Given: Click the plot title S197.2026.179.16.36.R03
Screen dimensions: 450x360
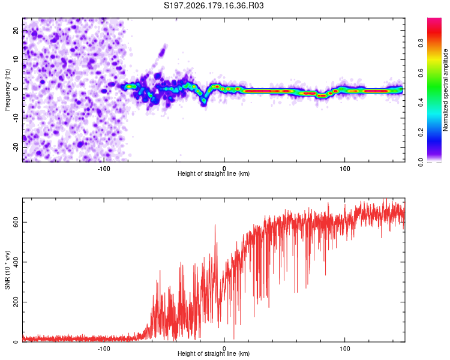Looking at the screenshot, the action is (x=214, y=5).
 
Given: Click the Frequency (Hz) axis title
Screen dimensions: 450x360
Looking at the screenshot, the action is (x=7, y=90).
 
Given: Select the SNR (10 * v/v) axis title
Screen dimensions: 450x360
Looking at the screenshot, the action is (x=7, y=270).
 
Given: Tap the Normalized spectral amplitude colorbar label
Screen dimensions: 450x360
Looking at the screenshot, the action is (x=445, y=90).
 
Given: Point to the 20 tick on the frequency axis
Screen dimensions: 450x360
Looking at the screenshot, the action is (x=16, y=30).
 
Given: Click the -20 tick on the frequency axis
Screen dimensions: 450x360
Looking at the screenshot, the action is (x=16, y=148).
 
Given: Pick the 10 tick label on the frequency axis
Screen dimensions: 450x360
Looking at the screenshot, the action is (x=16, y=59).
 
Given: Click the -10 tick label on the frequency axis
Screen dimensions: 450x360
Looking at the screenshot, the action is (x=16, y=118).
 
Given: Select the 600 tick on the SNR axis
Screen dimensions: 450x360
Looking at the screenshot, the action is (x=16, y=222).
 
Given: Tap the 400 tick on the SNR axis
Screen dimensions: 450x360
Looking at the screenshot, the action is (x=16, y=262).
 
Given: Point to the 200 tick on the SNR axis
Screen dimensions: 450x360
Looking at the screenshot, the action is (x=16, y=302).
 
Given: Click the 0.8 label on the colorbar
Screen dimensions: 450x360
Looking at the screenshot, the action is (x=421, y=43).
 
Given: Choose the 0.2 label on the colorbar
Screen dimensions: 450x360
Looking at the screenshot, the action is (x=421, y=133).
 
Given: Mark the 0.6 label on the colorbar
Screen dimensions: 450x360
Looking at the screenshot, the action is (x=421, y=73).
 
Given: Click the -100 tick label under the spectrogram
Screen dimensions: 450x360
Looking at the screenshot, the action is (x=104, y=169).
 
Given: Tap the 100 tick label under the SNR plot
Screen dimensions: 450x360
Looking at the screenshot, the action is (x=344, y=349).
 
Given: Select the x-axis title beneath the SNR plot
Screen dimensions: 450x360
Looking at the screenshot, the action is (x=214, y=353).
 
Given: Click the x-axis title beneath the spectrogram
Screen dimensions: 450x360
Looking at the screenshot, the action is (x=214, y=173).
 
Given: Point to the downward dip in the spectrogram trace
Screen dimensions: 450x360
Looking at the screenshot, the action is (x=204, y=100).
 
